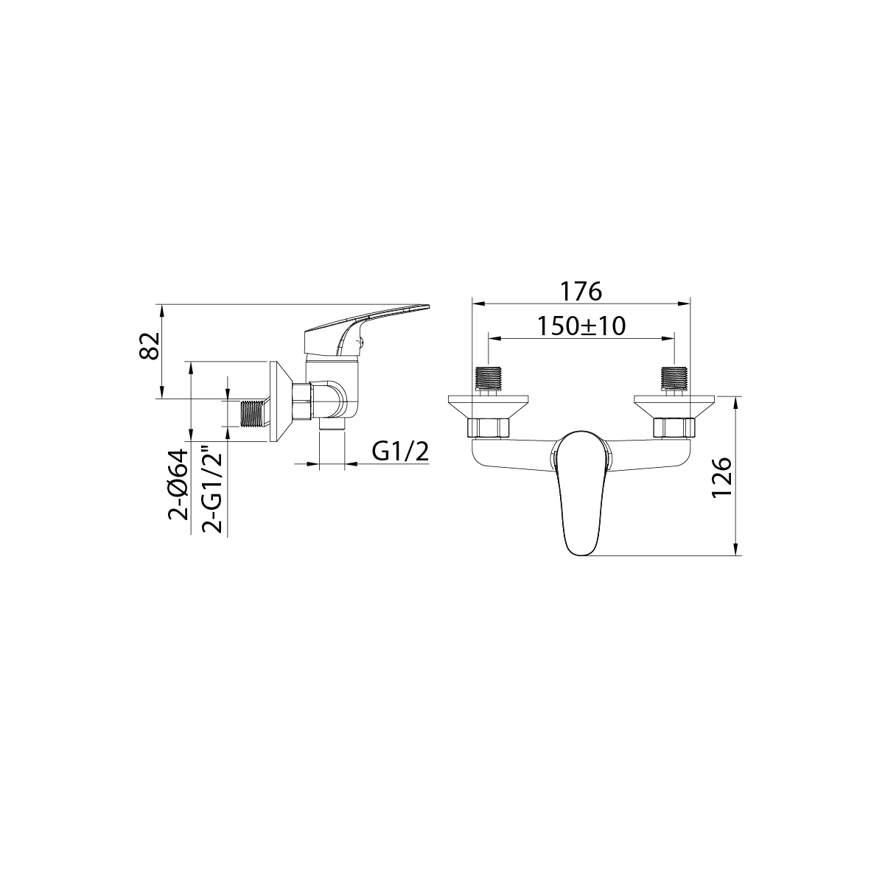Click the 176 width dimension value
(x=581, y=291)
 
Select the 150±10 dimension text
(x=581, y=326)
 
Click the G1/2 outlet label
(x=400, y=452)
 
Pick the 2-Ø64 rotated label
(x=178, y=485)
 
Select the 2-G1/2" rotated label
(x=212, y=491)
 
